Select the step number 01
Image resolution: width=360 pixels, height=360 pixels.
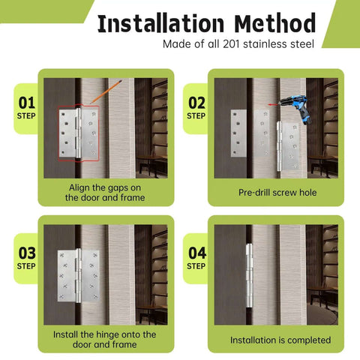26,102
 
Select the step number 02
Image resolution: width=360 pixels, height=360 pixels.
196,102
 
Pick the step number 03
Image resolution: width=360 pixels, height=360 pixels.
26,252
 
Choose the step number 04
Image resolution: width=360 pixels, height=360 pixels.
196,252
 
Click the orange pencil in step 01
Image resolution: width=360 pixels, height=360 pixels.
105,94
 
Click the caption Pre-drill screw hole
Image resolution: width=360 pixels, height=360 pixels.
277,192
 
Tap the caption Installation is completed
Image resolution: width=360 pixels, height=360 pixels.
280,340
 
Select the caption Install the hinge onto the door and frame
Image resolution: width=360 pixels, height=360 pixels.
105,339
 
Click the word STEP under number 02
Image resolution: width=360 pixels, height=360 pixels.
196,116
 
